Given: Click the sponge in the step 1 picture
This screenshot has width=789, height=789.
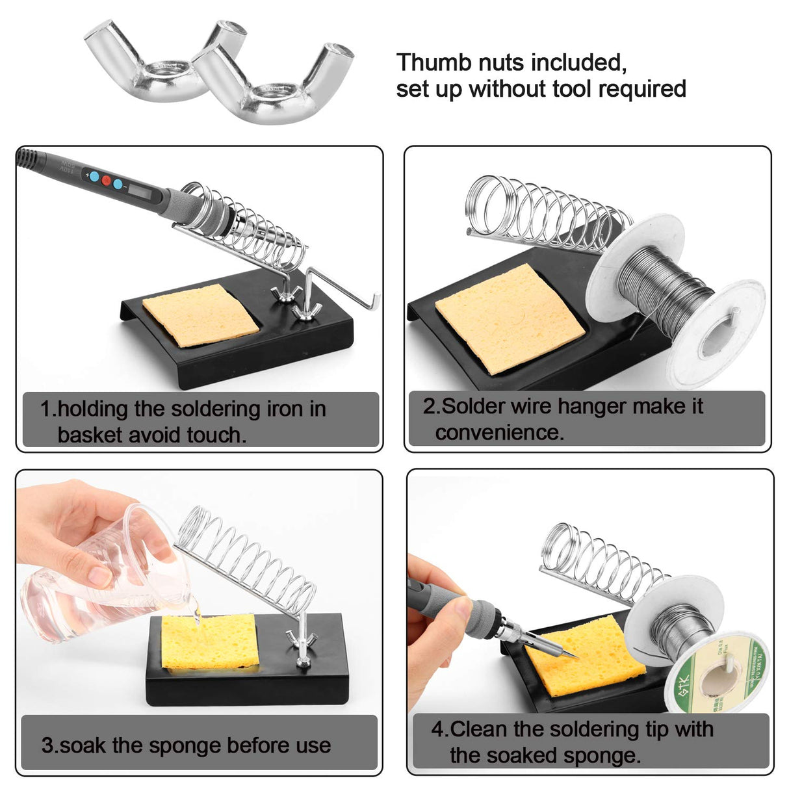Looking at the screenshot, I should (200, 315).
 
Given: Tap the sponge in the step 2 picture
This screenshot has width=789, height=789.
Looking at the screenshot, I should (510, 318).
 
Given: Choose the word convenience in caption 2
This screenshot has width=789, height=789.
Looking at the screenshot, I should (499, 432).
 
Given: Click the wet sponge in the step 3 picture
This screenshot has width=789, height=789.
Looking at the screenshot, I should (209, 641).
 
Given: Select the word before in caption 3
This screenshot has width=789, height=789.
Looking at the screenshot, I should (235, 745).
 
